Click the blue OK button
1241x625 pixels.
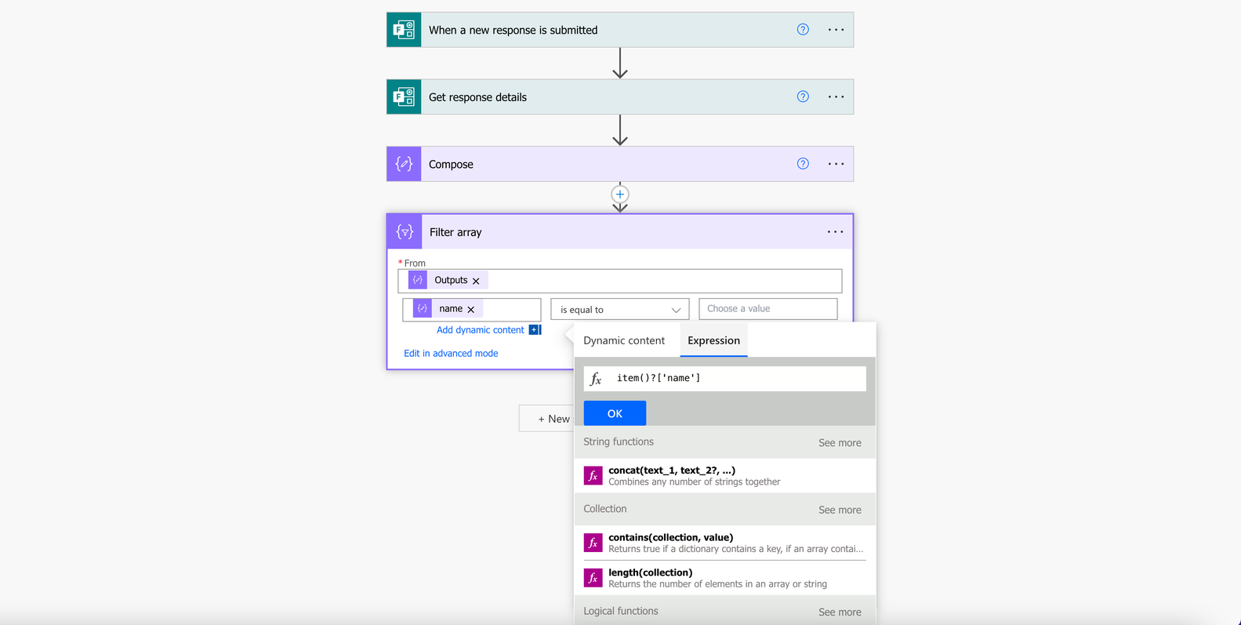[x=615, y=413]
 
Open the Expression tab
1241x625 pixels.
[x=713, y=340]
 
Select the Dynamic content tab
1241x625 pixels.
[x=624, y=340]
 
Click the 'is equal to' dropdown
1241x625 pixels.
[x=619, y=309]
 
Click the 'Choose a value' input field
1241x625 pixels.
[x=767, y=309]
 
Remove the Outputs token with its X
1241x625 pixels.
[x=476, y=281]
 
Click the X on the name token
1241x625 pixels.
[x=471, y=310]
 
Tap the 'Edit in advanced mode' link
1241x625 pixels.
[x=451, y=353]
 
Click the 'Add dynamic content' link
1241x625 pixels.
[x=480, y=329]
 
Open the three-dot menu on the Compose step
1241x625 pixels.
[x=836, y=164]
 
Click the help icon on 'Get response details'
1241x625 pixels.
[x=803, y=96]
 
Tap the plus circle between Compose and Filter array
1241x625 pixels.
[x=620, y=194]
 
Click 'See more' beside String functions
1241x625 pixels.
[x=840, y=443]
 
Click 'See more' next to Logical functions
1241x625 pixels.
[x=840, y=612]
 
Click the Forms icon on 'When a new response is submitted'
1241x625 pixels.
[x=404, y=30]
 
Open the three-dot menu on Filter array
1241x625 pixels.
[x=835, y=231]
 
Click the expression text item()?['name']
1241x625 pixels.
[x=659, y=378]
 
